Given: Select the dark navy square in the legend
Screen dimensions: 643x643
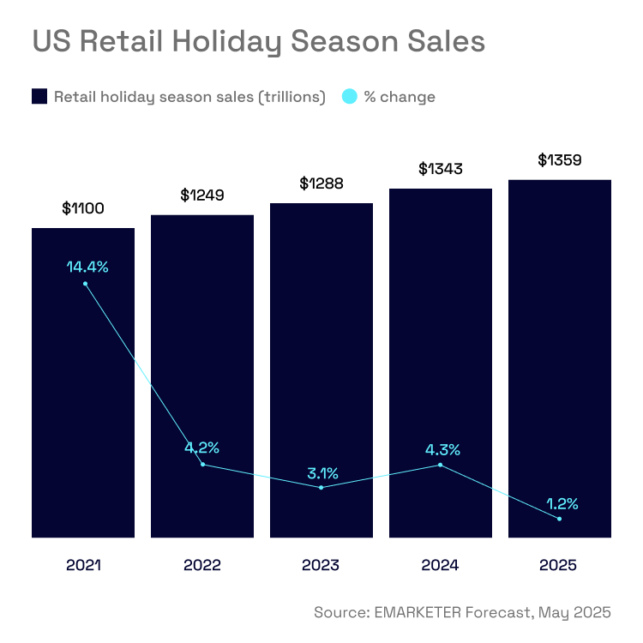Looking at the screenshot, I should click(39, 97).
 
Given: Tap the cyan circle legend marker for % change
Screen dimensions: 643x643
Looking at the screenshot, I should click(349, 97).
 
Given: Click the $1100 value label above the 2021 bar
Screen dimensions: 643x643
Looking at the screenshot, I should click(83, 208).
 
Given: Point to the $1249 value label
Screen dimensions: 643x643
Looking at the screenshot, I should click(202, 195).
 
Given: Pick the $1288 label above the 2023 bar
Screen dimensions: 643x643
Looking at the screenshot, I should click(321, 183).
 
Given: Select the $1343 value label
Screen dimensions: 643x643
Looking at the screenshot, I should click(441, 169).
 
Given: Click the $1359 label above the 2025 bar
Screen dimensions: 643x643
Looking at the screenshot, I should click(560, 159).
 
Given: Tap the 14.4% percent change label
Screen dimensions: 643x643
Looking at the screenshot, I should click(87, 267).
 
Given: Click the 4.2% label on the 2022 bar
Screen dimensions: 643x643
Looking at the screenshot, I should click(202, 448).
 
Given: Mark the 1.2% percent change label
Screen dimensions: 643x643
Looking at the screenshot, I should click(561, 503).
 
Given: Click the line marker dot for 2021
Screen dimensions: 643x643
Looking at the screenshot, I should click(85, 284).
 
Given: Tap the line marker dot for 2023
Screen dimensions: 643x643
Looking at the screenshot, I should click(321, 488).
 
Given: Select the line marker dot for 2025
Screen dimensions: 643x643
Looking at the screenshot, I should click(559, 519).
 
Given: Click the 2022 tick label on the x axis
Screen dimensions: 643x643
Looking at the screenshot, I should click(202, 566).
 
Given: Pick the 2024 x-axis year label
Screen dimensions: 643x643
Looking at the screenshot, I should click(441, 566).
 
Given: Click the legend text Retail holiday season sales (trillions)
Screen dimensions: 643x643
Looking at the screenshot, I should click(189, 97).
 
